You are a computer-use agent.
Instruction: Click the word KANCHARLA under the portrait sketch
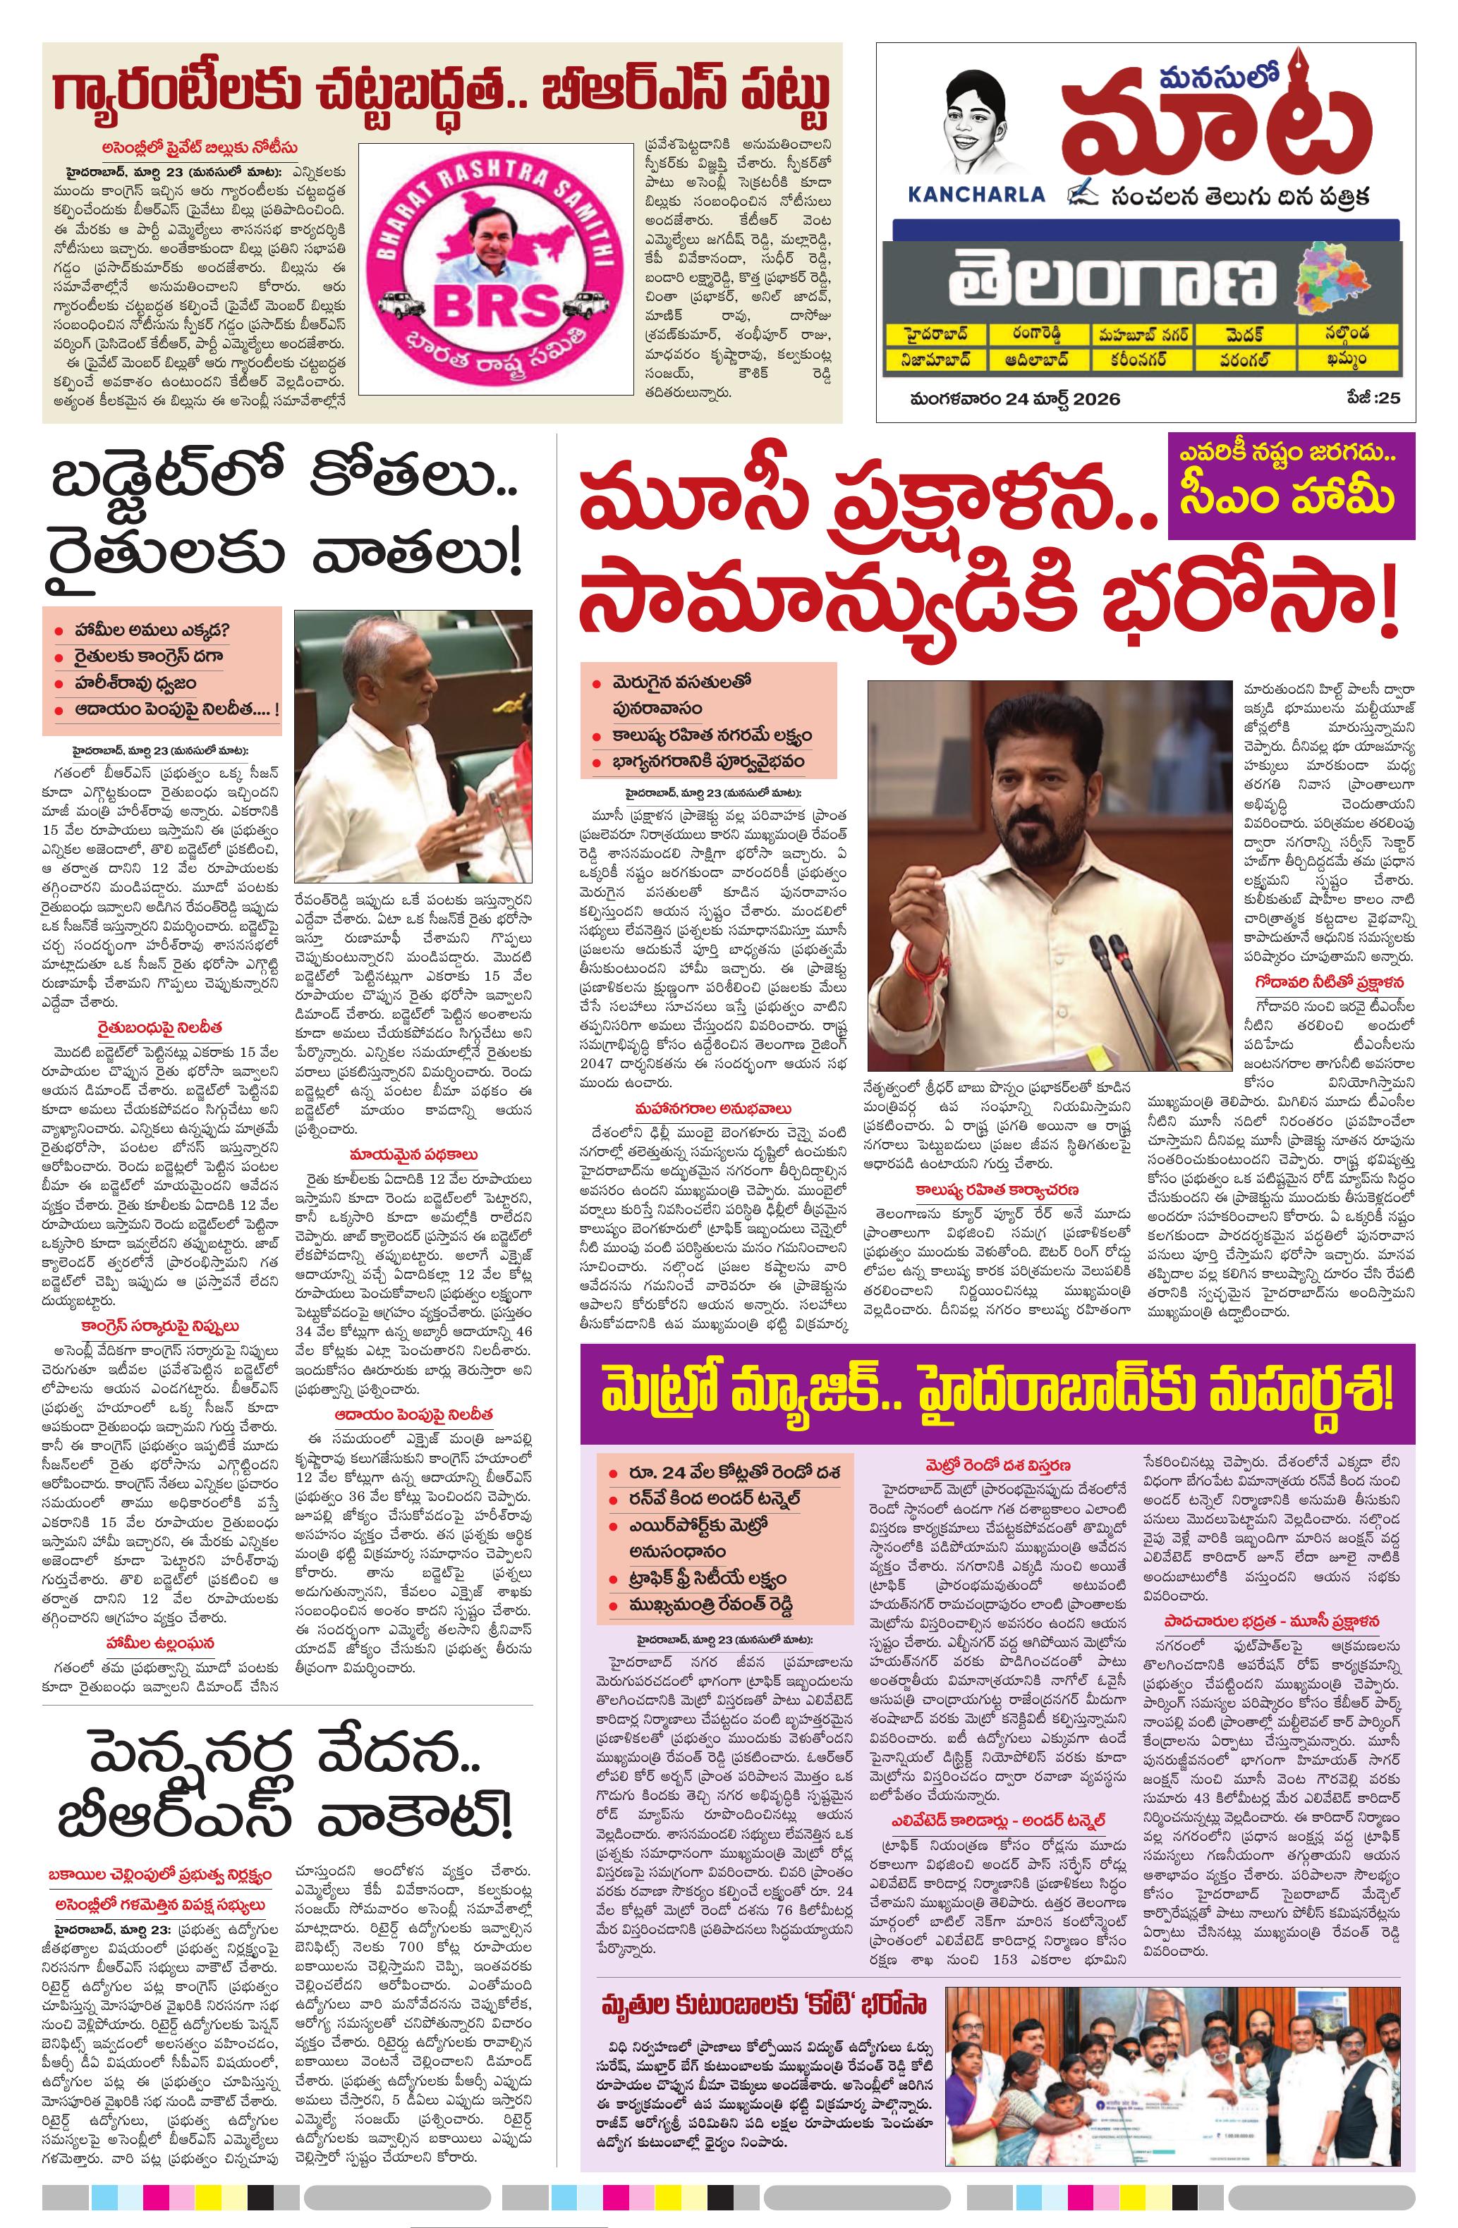point(976,194)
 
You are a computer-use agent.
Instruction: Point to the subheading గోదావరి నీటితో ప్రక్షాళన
point(1330,983)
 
